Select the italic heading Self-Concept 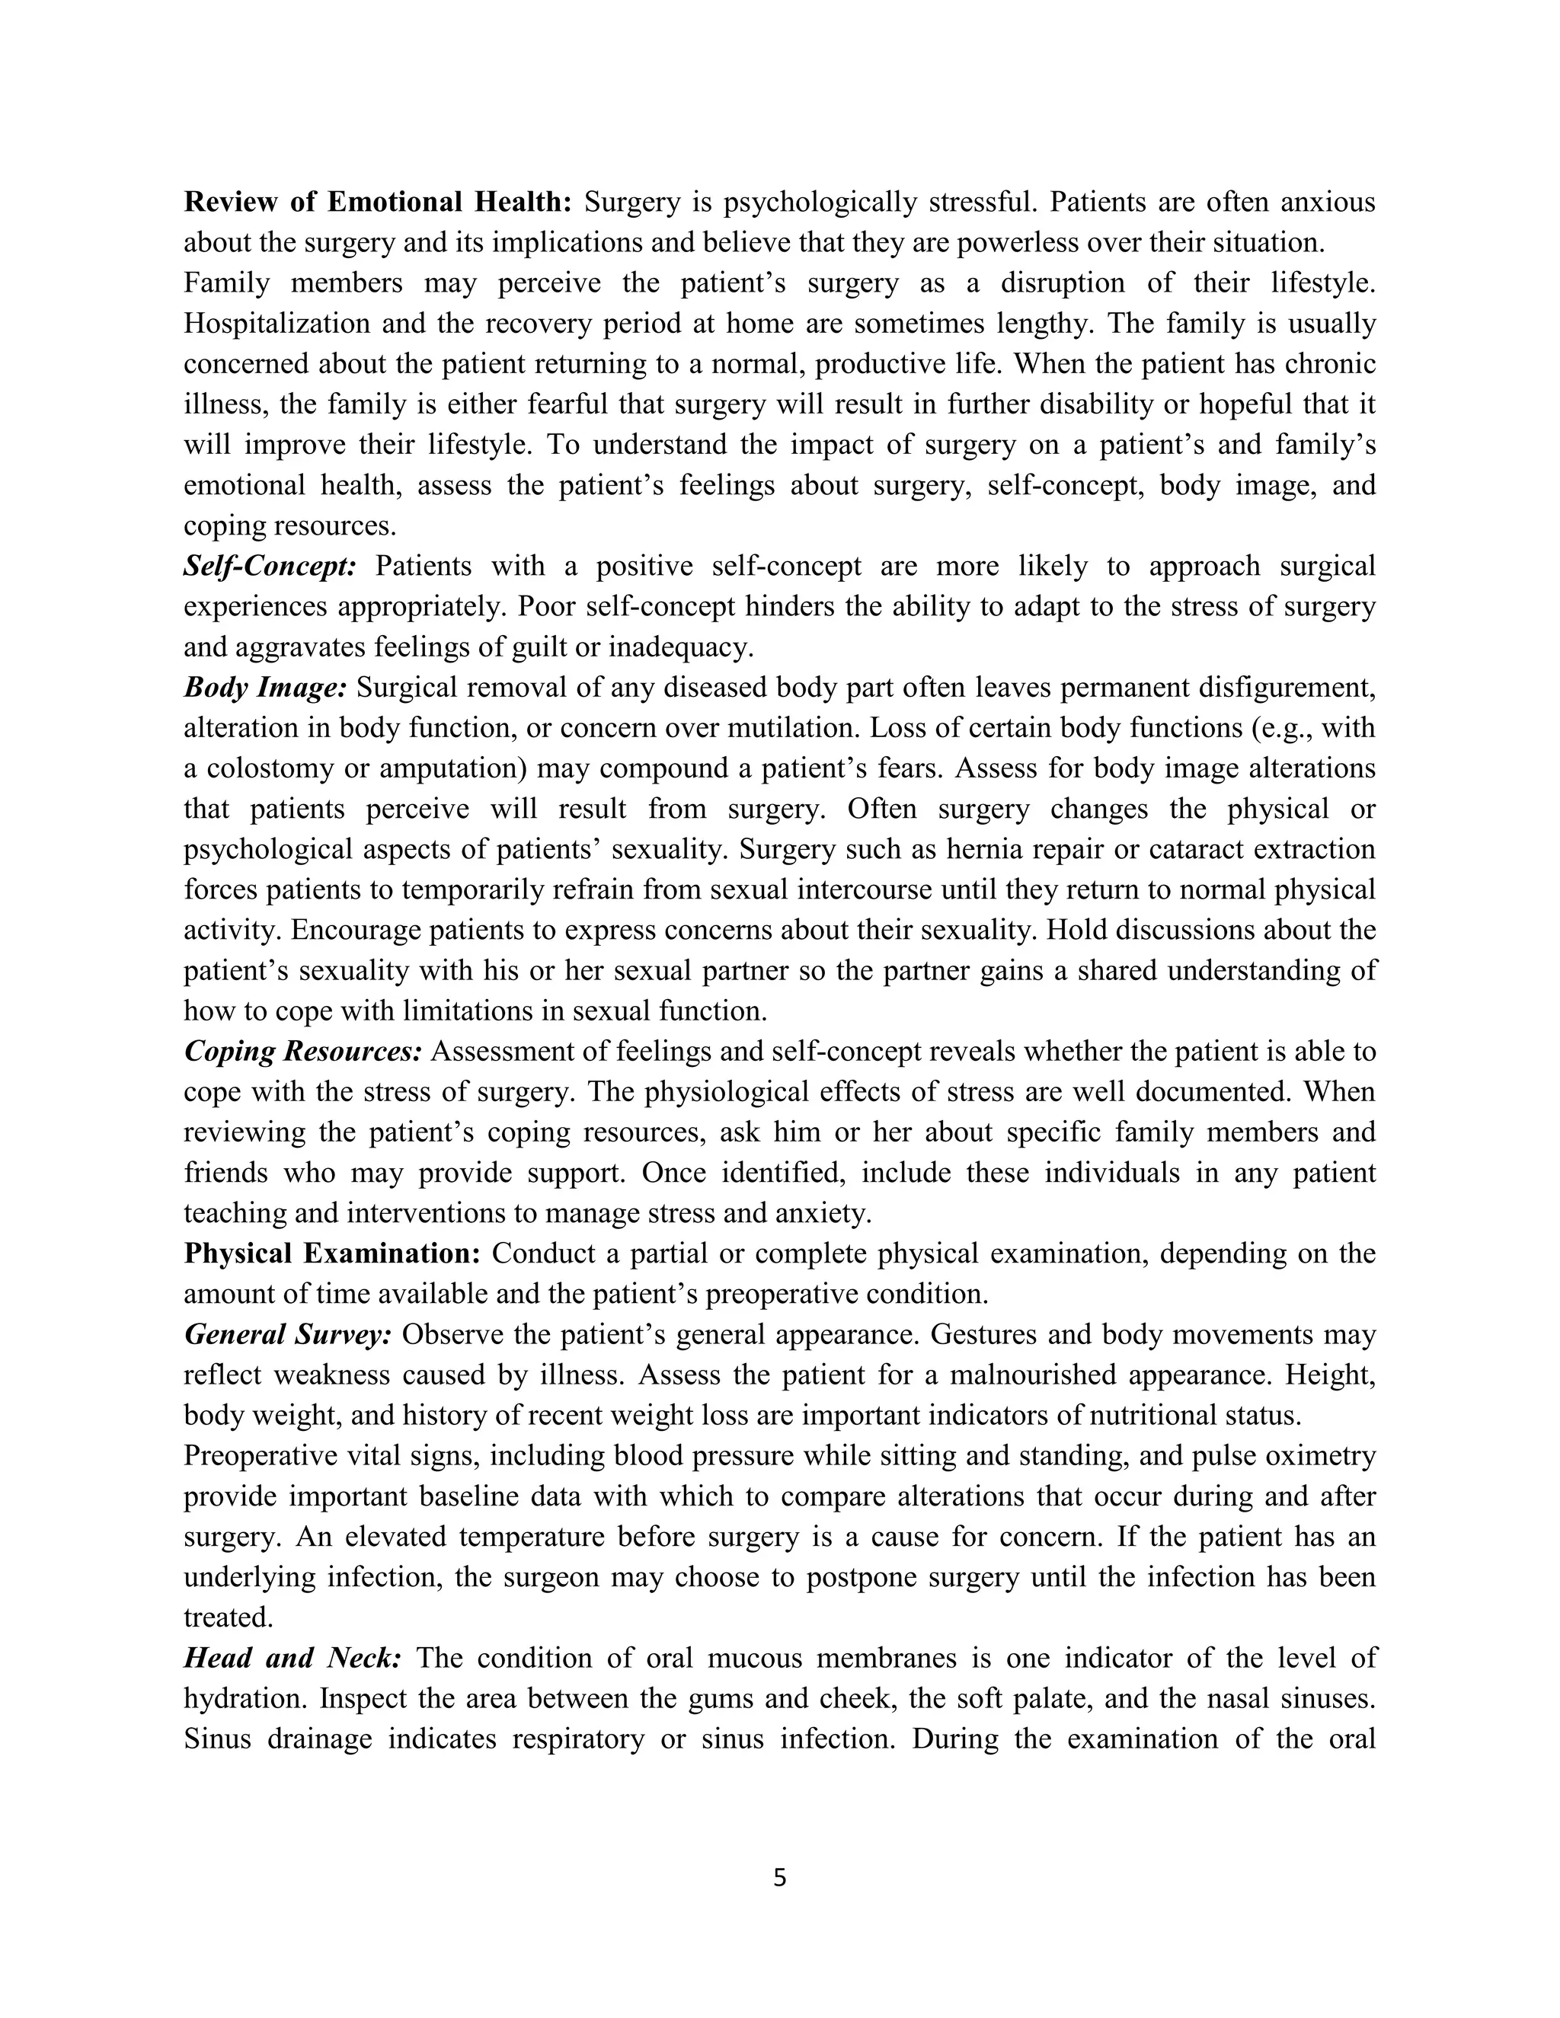(x=270, y=566)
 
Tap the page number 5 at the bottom (x=779, y=1878)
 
